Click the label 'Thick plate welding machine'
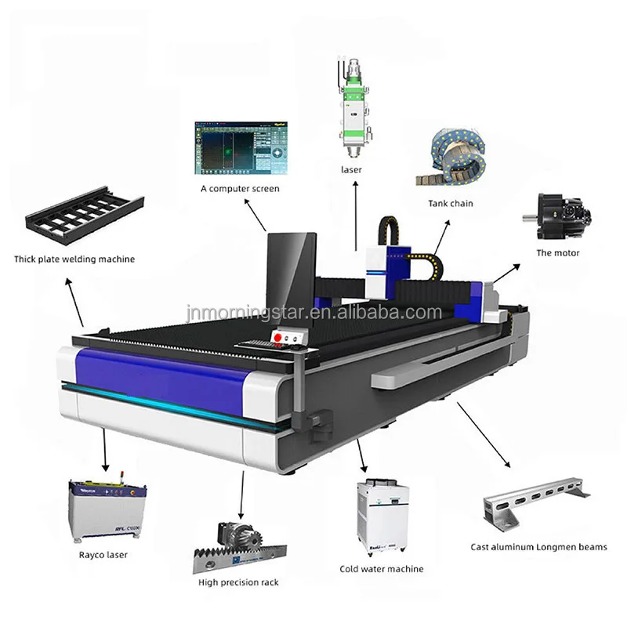point(74,259)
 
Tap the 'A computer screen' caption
point(239,189)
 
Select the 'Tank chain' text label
point(450,204)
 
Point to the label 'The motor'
point(558,253)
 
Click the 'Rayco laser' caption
point(103,555)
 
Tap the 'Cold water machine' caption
point(382,569)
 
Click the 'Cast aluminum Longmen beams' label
point(538,547)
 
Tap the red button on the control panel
point(277,337)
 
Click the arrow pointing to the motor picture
point(506,274)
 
